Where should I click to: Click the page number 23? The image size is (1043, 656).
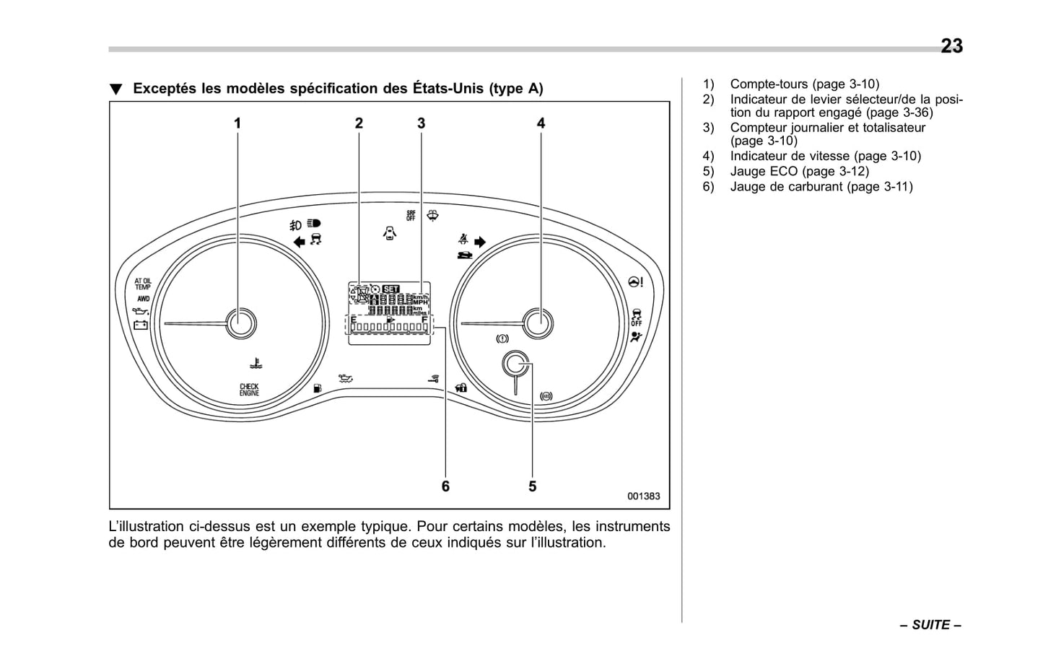click(951, 46)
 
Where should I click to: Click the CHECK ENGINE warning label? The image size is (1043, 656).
click(249, 390)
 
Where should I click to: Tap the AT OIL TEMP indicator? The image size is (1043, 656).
click(143, 284)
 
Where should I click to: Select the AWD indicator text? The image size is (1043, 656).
click(143, 299)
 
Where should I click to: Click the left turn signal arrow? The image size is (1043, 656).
click(299, 242)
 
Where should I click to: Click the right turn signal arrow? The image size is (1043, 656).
click(480, 242)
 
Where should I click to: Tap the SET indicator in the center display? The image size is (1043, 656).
click(390, 289)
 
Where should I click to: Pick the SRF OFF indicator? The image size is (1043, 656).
click(411, 215)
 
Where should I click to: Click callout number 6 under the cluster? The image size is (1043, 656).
click(445, 486)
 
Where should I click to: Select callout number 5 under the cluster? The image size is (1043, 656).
click(532, 486)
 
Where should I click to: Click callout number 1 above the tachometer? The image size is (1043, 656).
click(237, 123)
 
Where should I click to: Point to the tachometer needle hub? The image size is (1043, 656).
click(241, 323)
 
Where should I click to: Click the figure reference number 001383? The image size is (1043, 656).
click(643, 497)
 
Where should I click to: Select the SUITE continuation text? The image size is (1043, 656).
click(930, 625)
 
